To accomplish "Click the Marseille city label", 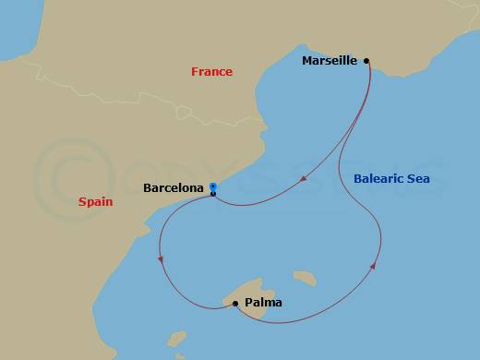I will point(330,62).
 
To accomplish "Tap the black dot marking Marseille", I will point(366,61).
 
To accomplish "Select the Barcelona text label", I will point(174,188).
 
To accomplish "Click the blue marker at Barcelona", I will point(213,186).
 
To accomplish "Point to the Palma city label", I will point(264,302).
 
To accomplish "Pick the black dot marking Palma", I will point(236,302).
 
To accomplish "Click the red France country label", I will point(211,72).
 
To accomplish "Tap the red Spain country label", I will point(95,200).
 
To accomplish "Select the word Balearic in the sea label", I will point(379,178).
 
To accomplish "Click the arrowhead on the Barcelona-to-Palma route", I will point(161,259).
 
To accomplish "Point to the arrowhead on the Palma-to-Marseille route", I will point(373,266).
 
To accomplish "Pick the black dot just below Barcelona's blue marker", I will point(213,194).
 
